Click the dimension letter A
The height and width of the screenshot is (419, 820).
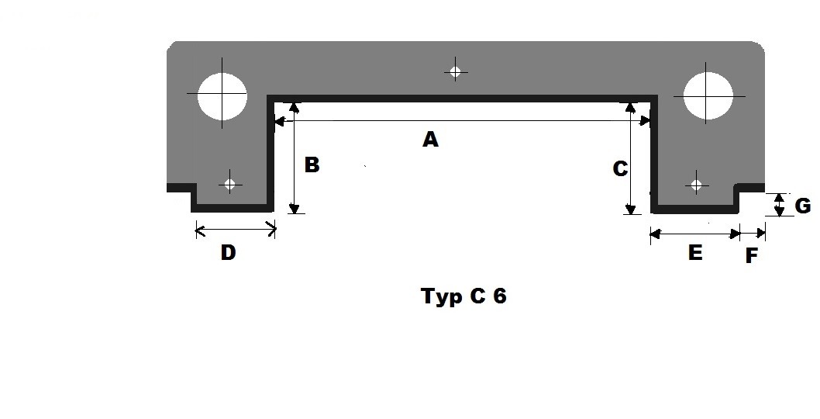click(430, 140)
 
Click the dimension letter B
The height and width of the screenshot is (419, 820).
click(312, 165)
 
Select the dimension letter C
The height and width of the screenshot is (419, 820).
click(620, 168)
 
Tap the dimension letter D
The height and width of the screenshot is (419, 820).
click(228, 253)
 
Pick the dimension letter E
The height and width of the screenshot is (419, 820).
click(695, 253)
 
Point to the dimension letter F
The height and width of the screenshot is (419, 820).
click(751, 256)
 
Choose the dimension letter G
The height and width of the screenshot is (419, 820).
click(803, 206)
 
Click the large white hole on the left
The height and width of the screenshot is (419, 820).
click(222, 96)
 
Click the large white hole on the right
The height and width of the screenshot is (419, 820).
click(708, 96)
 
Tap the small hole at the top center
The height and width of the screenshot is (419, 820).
click(456, 72)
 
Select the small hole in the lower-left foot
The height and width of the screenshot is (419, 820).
click(229, 185)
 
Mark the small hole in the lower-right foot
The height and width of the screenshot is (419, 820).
click(696, 185)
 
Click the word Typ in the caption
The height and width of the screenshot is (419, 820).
click(439, 297)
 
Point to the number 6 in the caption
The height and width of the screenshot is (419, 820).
click(498, 296)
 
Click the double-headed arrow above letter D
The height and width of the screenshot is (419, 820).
click(236, 229)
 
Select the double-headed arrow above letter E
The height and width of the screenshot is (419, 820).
click(694, 233)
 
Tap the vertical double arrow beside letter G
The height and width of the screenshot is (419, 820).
click(780, 206)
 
